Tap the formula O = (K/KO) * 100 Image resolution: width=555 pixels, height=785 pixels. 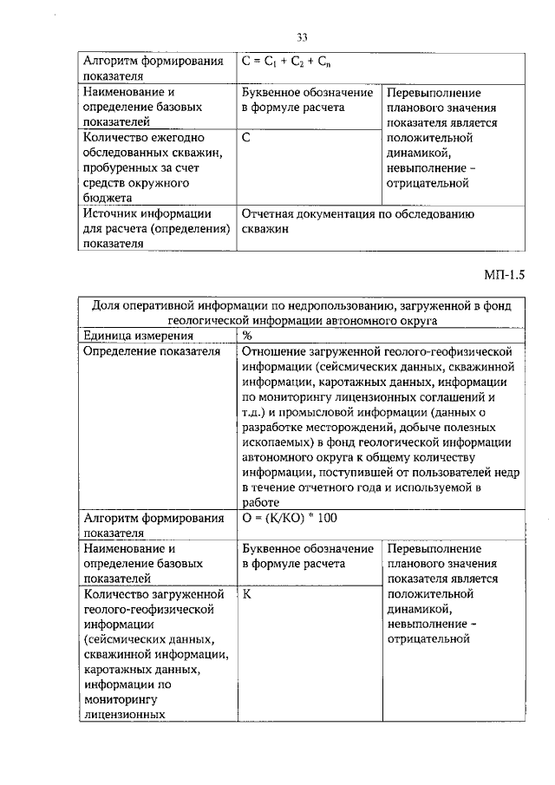[x=291, y=518]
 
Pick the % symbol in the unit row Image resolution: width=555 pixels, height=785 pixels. [x=247, y=335]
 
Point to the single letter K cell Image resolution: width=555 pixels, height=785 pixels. [x=246, y=595]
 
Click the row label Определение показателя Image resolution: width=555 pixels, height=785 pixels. [x=149, y=351]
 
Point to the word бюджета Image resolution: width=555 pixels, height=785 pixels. [x=108, y=199]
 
